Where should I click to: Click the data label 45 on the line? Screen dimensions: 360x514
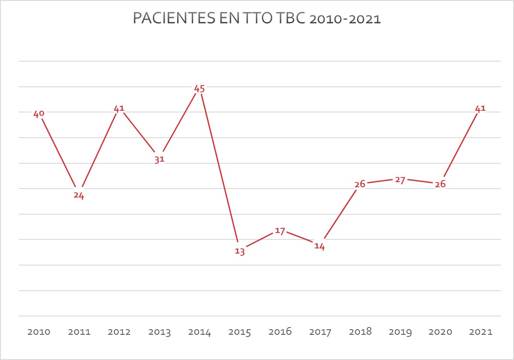[200, 89]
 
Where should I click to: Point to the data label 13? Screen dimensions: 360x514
[240, 251]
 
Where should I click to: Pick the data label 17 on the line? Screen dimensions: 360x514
[280, 231]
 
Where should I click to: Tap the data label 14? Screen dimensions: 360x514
[319, 247]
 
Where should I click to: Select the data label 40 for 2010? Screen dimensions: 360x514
[39, 114]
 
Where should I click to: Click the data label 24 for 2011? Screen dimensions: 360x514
[79, 196]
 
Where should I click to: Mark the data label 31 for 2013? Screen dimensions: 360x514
[160, 160]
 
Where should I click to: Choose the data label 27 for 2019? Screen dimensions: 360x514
[400, 180]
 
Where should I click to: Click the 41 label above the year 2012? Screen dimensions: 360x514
[119, 109]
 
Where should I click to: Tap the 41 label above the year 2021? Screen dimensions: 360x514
[480, 109]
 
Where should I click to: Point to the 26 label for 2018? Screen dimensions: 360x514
[360, 184]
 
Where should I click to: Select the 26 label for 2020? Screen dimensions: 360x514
[440, 184]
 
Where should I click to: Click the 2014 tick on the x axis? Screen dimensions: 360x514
[200, 332]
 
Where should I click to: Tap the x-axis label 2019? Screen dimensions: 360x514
[400, 332]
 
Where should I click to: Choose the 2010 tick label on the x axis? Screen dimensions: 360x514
[39, 332]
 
